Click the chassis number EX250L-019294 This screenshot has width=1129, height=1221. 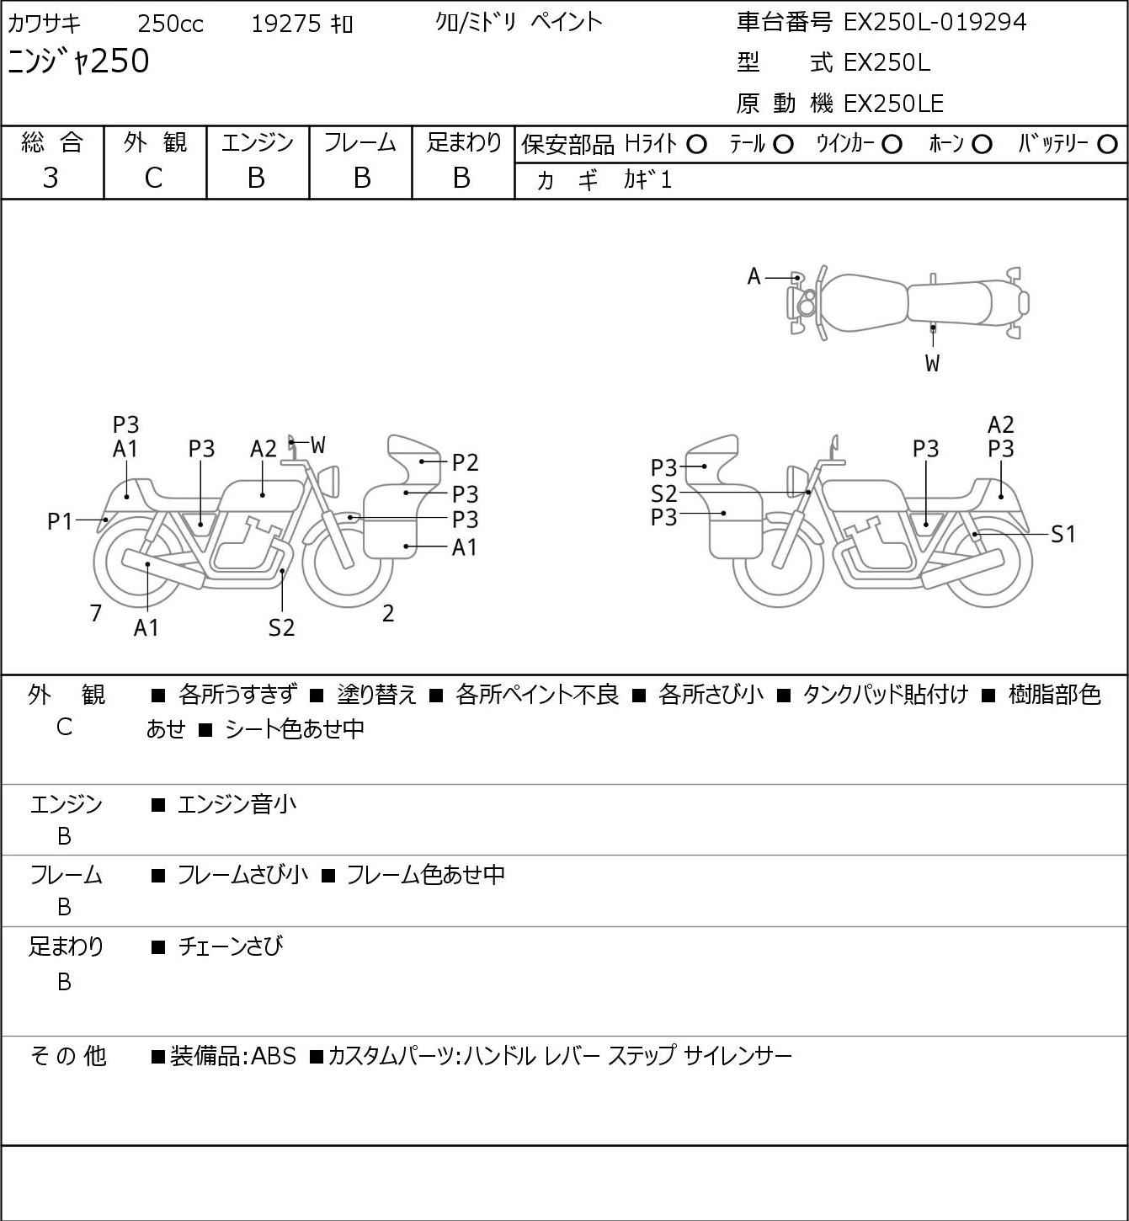[x=935, y=23]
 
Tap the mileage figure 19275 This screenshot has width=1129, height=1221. [x=286, y=24]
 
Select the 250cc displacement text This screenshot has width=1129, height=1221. [x=170, y=24]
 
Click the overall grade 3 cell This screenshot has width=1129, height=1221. [x=51, y=178]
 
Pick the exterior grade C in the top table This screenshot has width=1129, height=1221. [x=153, y=179]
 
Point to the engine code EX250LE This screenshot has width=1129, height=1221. [x=893, y=104]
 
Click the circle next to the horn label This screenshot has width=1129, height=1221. [x=982, y=145]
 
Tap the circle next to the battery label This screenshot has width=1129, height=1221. [x=1107, y=145]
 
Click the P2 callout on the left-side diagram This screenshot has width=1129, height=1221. [x=465, y=462]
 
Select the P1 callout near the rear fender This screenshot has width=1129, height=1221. [x=60, y=521]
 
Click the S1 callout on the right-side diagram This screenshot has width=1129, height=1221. [x=1062, y=534]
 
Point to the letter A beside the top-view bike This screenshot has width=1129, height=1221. [x=754, y=277]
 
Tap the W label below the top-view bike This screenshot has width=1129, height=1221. [x=932, y=363]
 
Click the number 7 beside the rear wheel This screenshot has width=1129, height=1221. [x=95, y=613]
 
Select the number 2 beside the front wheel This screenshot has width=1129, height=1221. [x=388, y=613]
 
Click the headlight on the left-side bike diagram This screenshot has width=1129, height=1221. [x=329, y=481]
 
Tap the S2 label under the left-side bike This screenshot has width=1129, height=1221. [x=282, y=627]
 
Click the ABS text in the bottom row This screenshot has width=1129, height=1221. [x=274, y=1056]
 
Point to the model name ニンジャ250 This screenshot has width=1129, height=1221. [x=78, y=61]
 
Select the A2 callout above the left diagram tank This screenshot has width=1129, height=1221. [x=264, y=449]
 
